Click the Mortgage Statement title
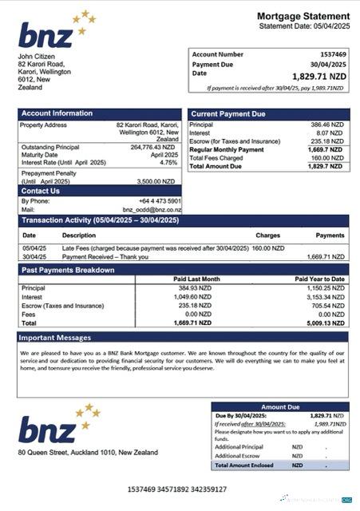(303, 16)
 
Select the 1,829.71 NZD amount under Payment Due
(319, 76)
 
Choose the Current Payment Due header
(228, 114)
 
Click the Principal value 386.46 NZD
(326, 126)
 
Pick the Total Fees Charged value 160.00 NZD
(326, 158)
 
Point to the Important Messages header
(56, 338)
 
